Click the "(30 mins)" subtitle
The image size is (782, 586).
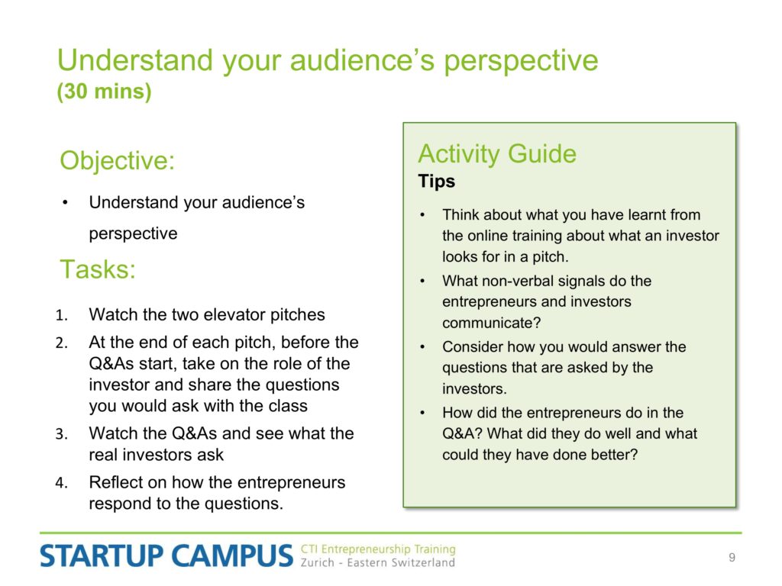[x=104, y=92]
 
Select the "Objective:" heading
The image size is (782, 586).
[x=117, y=162]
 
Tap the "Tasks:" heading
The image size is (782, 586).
[x=98, y=269]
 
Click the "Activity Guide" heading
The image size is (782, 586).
[x=497, y=153]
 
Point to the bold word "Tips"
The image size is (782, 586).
[x=436, y=181]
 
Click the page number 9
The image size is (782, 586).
[x=732, y=557]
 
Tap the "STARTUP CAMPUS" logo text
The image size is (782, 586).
[x=166, y=555]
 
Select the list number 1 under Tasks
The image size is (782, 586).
[x=61, y=315]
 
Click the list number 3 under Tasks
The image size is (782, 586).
[x=61, y=434]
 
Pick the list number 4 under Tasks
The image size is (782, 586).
[x=61, y=483]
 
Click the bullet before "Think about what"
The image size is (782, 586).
[x=422, y=215]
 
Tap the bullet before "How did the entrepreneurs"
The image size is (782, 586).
[x=422, y=413]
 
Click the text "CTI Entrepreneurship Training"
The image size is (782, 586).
[x=378, y=549]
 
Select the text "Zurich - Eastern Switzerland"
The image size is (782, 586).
[x=378, y=562]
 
